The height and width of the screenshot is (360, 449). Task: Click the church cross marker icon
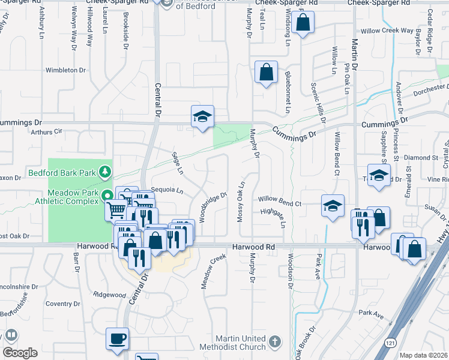pyautogui.click(x=275, y=341)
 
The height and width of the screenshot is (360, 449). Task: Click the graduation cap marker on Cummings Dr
pyautogui.click(x=203, y=116)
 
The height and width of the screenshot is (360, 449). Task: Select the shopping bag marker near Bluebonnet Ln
pyautogui.click(x=265, y=73)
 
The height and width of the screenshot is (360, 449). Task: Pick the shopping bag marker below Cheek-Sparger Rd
pyautogui.click(x=304, y=23)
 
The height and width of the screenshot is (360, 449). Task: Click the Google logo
pyautogui.click(x=20, y=353)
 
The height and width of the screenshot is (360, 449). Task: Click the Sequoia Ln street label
pyautogui.click(x=167, y=190)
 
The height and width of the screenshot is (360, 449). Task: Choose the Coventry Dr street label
pyautogui.click(x=59, y=304)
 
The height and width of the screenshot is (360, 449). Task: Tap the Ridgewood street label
pyautogui.click(x=109, y=295)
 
